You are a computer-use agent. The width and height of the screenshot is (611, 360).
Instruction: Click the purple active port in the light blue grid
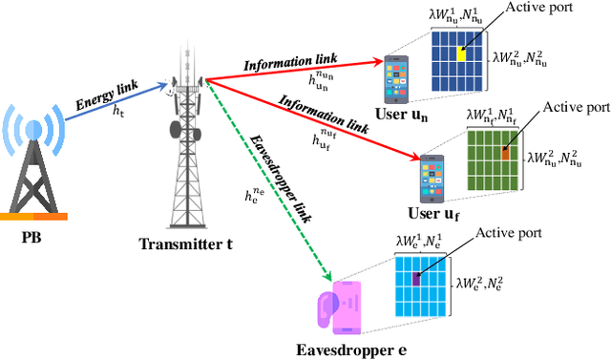(416, 278)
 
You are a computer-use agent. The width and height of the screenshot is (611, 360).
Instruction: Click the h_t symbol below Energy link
(118, 113)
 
